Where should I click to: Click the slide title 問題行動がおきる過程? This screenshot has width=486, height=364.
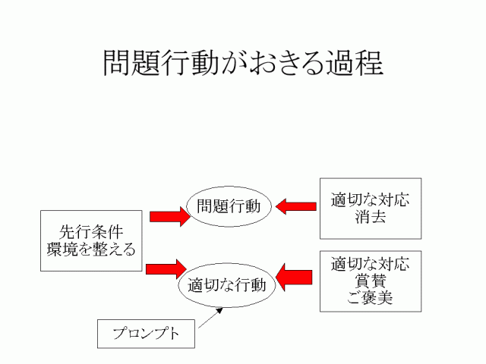coord(243,63)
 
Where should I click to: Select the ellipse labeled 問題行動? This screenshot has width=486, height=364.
coord(229,206)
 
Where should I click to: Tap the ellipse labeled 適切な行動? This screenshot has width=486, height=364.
coord(227,285)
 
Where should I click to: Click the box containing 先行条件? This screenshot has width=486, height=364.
coord(91,240)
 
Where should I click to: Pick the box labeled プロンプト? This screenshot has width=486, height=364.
coord(146,334)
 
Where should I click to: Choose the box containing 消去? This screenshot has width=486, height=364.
coord(370,209)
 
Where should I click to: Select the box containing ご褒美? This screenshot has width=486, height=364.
coord(370,281)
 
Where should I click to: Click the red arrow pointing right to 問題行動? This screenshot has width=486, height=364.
coord(168,217)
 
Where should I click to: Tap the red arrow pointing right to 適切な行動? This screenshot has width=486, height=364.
coord(166,268)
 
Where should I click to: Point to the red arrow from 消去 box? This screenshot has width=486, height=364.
coord(296,206)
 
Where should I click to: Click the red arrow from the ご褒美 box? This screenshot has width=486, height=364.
coord(296,276)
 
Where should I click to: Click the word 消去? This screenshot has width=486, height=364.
coord(370,218)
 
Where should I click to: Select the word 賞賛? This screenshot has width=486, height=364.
coord(370,281)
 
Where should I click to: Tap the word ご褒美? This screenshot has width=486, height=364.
coord(370,299)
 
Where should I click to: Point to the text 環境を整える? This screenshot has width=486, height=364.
coord(91,249)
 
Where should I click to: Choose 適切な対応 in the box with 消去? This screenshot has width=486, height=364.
coord(370,200)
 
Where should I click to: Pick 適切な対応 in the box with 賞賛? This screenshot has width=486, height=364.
coord(370,265)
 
